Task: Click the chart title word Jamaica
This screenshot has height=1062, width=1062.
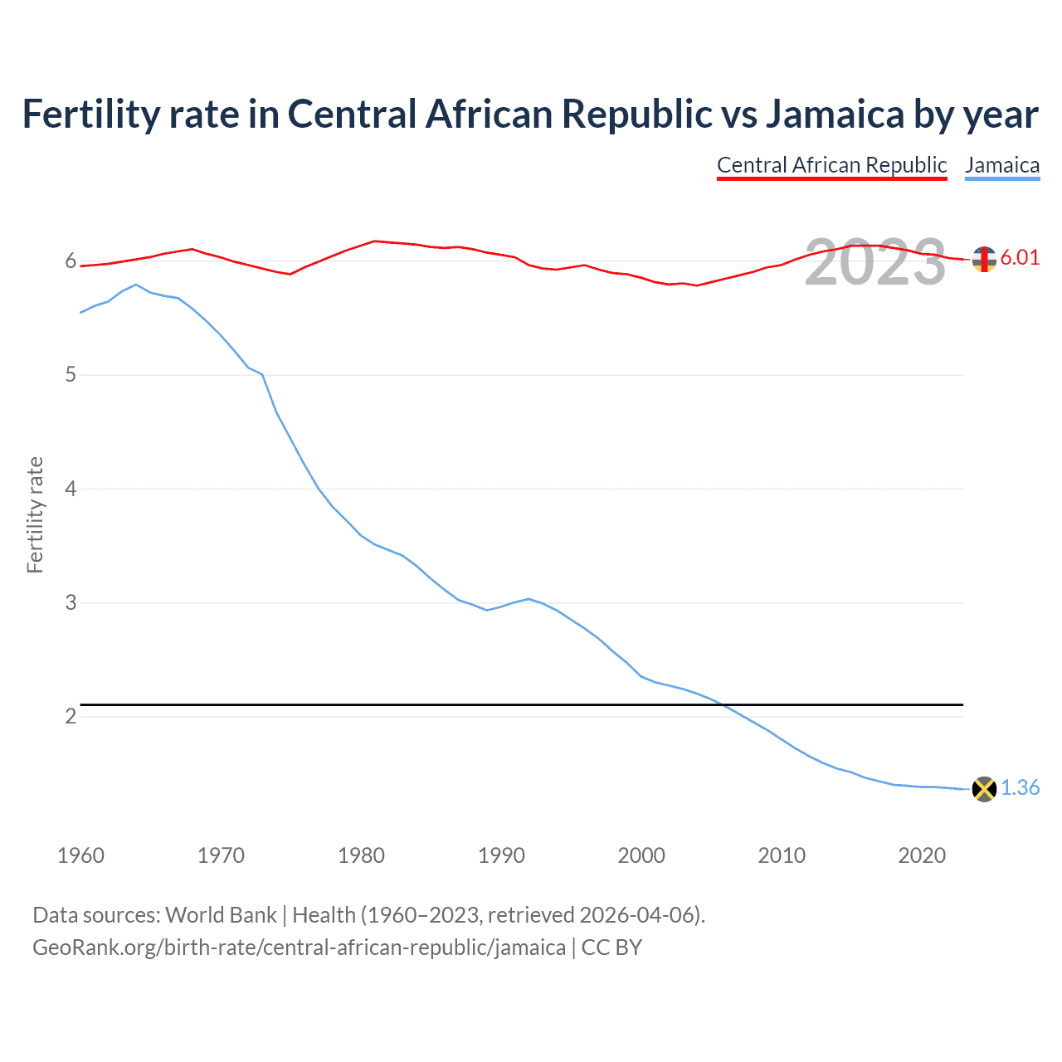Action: pyautogui.click(x=834, y=114)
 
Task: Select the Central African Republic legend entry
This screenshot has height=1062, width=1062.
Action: pyautogui.click(x=831, y=165)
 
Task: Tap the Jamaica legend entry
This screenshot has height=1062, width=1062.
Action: pyautogui.click(x=1002, y=165)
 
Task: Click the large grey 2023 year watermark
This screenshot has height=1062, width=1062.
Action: pyautogui.click(x=875, y=262)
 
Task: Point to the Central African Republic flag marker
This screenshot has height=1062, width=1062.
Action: pyautogui.click(x=984, y=259)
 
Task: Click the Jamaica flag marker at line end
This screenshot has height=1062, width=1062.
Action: pyautogui.click(x=984, y=789)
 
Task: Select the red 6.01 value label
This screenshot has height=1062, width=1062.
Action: pyautogui.click(x=1020, y=257)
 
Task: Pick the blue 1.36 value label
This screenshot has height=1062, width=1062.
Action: pyautogui.click(x=1020, y=787)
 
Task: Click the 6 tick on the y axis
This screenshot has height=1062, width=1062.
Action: pyautogui.click(x=71, y=261)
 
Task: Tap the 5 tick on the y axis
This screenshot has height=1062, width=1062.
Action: pyautogui.click(x=71, y=375)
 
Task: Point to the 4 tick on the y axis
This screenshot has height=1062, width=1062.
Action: pyautogui.click(x=71, y=489)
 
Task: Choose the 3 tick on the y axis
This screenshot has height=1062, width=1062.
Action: pyautogui.click(x=71, y=602)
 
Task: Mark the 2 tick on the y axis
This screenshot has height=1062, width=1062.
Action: pyautogui.click(x=71, y=716)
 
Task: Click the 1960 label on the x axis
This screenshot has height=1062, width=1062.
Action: pyautogui.click(x=80, y=855)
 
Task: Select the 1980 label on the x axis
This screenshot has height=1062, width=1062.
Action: pyautogui.click(x=361, y=855)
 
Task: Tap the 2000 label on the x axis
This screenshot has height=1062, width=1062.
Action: pyautogui.click(x=641, y=855)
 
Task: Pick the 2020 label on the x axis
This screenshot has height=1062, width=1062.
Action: pyautogui.click(x=922, y=855)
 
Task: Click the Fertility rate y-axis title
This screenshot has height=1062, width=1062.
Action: pyautogui.click(x=35, y=514)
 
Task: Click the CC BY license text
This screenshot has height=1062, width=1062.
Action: pyautogui.click(x=611, y=948)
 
